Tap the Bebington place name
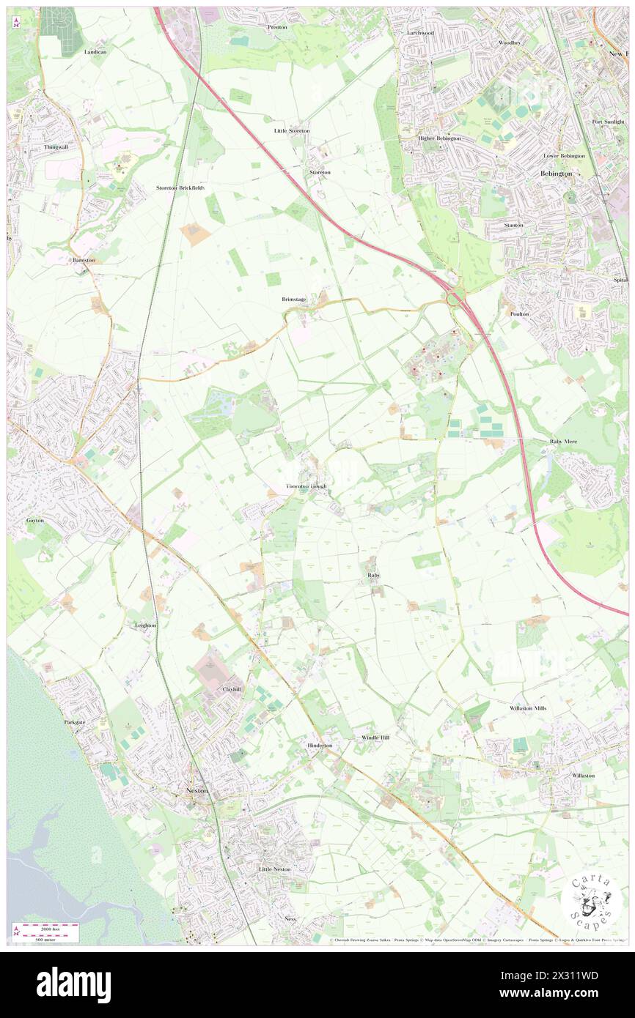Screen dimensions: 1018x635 tap(555, 173)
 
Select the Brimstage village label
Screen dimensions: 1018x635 tap(294, 300)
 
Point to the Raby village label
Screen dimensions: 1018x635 tap(373, 576)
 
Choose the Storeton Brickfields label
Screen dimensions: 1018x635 tap(180, 187)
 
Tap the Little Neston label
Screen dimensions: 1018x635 tap(275, 869)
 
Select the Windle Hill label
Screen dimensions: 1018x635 tap(375, 737)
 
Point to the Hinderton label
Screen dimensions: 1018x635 tap(320, 745)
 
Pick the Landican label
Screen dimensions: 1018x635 tap(95, 52)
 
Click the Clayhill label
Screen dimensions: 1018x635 tap(232, 689)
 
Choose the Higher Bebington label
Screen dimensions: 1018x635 tap(439, 138)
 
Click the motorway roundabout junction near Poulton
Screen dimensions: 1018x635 tap(455, 298)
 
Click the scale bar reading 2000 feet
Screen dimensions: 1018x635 tap(49, 926)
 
